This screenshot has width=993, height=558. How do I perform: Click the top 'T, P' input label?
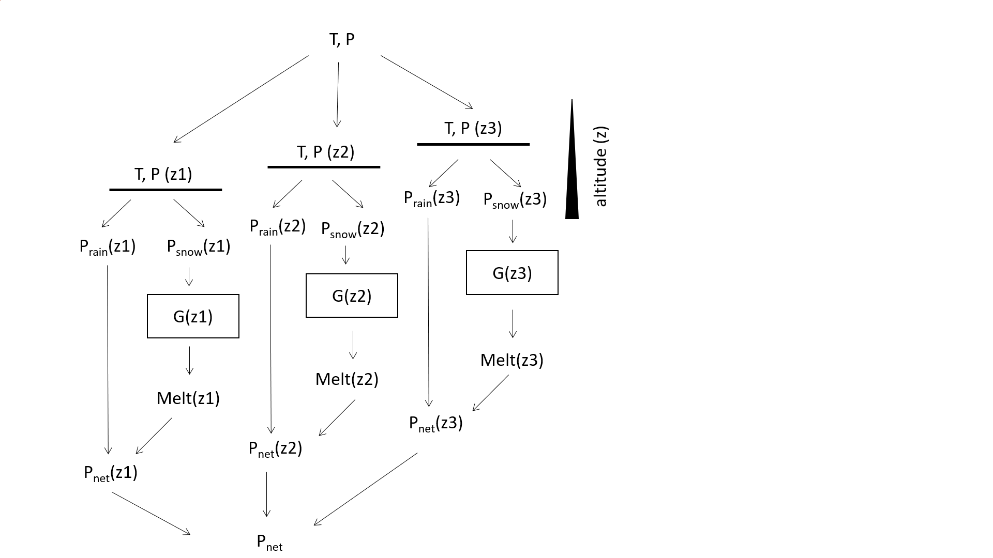click(x=342, y=40)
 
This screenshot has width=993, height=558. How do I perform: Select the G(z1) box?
click(x=193, y=316)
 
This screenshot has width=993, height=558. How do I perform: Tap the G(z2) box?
click(x=352, y=296)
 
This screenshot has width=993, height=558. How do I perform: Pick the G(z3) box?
click(x=512, y=273)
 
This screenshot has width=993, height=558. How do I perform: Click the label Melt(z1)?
click(x=188, y=398)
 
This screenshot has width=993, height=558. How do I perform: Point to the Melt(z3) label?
click(x=511, y=360)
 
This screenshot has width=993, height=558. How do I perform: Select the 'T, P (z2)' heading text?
click(x=325, y=152)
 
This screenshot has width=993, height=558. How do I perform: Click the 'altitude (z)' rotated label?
click(x=600, y=166)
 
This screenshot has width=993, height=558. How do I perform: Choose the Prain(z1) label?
click(x=108, y=247)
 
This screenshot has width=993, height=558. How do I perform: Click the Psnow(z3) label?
click(x=515, y=200)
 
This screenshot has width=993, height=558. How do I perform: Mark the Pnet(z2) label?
click(x=275, y=448)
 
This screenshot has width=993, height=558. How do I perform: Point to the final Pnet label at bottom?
click(x=269, y=542)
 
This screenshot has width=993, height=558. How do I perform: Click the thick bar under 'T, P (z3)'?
click(x=473, y=144)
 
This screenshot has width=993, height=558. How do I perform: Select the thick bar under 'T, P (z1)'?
click(x=165, y=190)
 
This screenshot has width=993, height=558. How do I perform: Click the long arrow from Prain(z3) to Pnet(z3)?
click(x=428, y=310)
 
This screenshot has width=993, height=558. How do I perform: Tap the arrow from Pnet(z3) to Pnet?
click(x=366, y=489)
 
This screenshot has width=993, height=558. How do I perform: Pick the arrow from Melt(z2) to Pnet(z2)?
click(x=337, y=417)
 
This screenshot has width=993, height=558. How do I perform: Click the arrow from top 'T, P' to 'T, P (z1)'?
click(x=241, y=99)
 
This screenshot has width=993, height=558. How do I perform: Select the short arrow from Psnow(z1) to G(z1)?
click(x=189, y=276)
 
